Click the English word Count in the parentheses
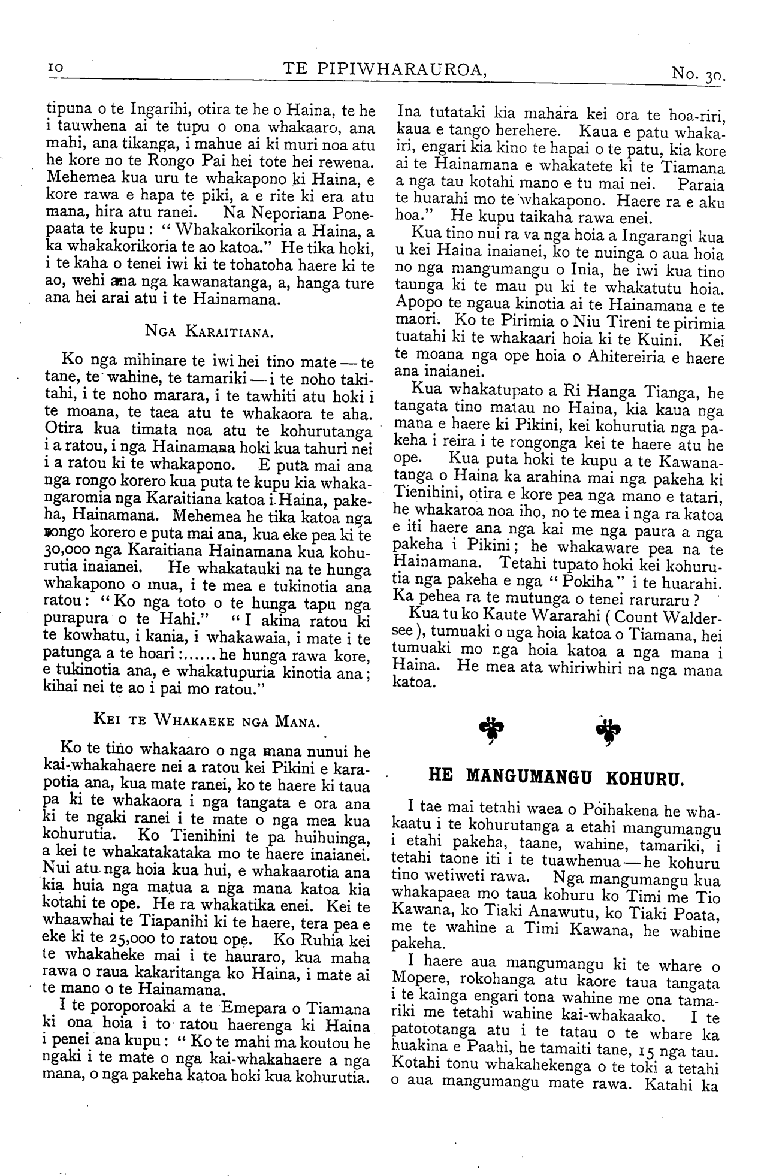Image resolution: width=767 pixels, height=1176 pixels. point(641,617)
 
